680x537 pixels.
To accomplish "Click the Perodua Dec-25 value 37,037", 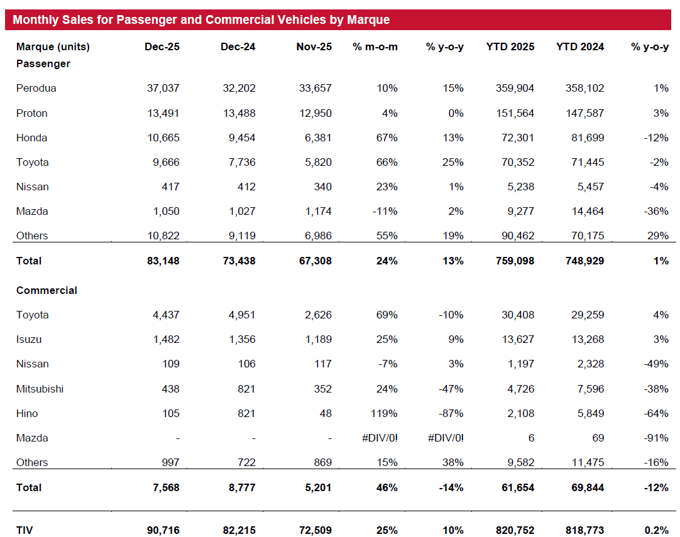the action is pos(163,88).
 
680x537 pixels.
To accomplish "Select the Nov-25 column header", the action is pos(314,47).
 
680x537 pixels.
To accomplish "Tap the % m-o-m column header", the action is pos(375,47).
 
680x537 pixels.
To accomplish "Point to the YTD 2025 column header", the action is pos(510,47).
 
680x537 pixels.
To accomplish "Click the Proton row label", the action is pos(31,113).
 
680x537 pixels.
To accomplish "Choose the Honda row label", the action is pos(31,138).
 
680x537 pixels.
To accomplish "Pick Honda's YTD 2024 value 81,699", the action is pos(588,138).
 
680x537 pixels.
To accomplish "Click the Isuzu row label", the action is pos(29,339).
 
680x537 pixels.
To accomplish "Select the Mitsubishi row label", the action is pos(40,389).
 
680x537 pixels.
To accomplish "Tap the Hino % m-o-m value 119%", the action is pos(384,413).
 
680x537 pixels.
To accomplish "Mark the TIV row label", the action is pos(25,530).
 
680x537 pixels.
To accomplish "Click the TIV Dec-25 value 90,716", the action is pos(163,530).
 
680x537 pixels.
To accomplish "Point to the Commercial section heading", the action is pos(47,290).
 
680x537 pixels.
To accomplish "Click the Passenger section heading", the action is pos(43,63).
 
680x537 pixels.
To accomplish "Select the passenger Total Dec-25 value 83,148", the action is pos(163,261).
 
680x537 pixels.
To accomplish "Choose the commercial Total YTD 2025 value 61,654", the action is pos(518,487).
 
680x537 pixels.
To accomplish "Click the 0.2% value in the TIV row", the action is pos(657,530).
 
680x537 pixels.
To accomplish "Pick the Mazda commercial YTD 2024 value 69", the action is pos(598,438).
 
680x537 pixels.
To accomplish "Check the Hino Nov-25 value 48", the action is pos(326,413).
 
